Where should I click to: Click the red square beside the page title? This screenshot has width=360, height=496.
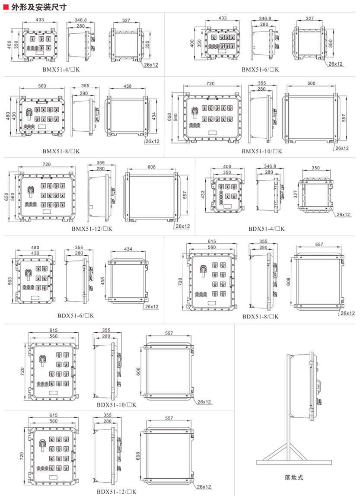point(6,7)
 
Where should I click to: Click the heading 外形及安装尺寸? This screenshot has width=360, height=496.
point(39,7)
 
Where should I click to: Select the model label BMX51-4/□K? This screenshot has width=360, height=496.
point(61,70)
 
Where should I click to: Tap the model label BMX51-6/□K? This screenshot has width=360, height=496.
point(260,70)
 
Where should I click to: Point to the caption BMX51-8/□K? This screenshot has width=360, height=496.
point(61,151)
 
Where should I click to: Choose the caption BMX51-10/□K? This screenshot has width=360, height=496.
point(262,151)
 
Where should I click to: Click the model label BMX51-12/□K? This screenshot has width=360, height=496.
point(92,229)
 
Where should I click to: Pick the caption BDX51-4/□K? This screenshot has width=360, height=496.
point(266,229)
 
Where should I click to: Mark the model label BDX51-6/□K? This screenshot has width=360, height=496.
point(76,315)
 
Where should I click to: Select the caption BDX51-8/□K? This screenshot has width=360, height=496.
point(260,316)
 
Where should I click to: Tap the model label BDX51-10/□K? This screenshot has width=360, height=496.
point(116,405)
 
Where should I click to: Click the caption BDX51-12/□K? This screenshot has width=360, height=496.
point(116,492)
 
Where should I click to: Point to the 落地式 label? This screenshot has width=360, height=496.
point(293,477)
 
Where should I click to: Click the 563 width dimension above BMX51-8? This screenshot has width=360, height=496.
point(42,86)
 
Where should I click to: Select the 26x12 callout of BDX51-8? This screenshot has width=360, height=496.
point(347,313)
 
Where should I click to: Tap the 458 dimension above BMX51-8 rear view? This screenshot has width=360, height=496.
point(127,86)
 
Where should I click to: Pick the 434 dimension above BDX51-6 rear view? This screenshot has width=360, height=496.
point(128,249)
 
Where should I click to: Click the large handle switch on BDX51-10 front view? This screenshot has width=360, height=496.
point(42,360)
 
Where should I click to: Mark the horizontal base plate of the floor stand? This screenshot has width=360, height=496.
point(294,462)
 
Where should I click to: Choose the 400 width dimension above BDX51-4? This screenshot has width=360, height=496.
point(227,166)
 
